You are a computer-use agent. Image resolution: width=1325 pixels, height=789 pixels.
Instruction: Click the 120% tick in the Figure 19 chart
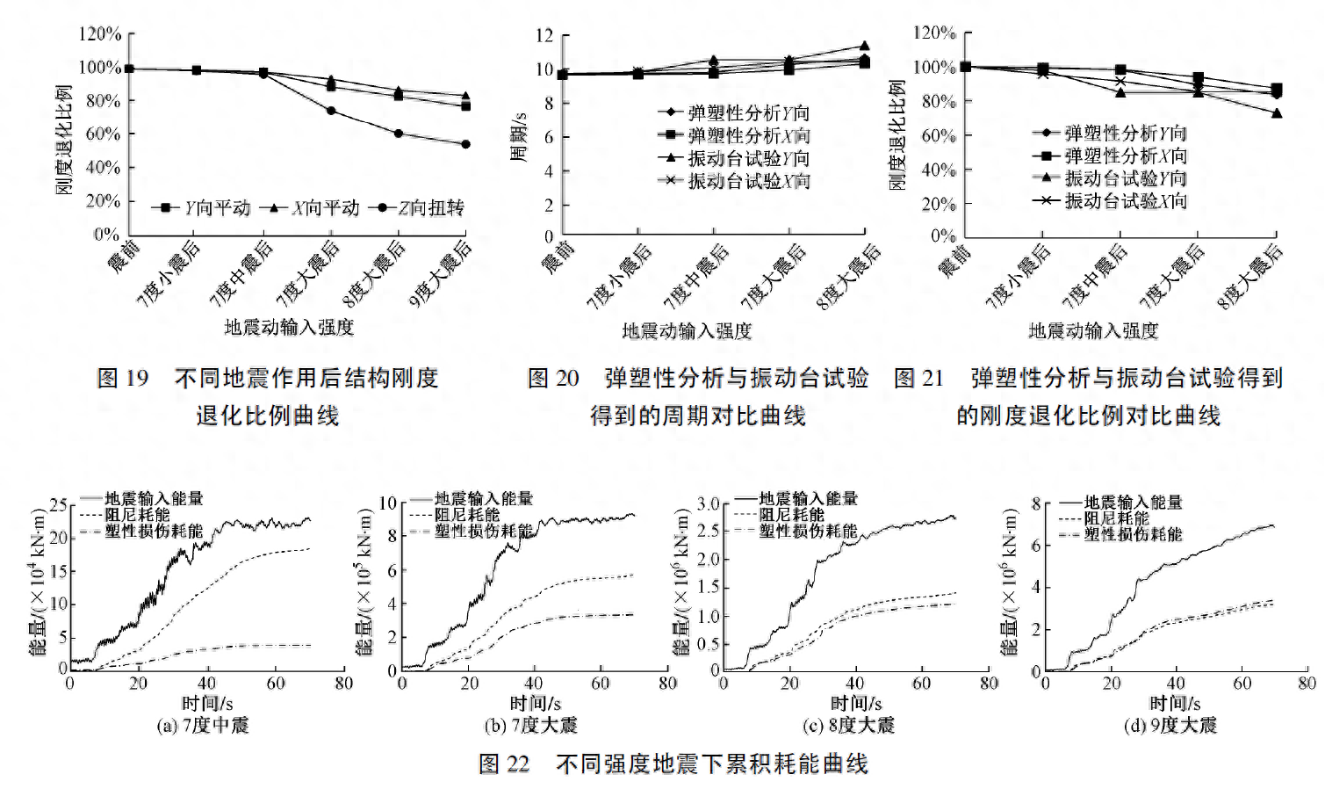(99, 33)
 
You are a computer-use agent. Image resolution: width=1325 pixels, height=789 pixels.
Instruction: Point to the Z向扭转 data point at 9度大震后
(465, 144)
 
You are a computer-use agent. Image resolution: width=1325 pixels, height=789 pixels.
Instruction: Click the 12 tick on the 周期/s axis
(544, 35)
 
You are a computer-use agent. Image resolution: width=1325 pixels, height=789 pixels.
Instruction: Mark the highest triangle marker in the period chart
(864, 46)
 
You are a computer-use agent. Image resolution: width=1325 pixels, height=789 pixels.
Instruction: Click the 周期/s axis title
(518, 137)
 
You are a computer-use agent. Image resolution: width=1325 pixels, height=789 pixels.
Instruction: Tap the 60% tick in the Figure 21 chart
(938, 135)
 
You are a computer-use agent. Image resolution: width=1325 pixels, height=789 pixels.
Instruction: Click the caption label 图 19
(122, 378)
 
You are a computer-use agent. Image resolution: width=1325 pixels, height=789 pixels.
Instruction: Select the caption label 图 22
(504, 764)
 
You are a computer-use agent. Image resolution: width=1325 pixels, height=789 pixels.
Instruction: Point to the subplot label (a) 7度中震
(203, 726)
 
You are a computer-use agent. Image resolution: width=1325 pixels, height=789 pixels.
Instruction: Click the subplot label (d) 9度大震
(1170, 726)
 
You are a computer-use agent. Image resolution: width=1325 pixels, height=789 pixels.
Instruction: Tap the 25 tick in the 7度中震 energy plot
(58, 504)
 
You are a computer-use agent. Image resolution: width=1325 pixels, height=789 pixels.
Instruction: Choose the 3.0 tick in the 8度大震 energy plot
(708, 504)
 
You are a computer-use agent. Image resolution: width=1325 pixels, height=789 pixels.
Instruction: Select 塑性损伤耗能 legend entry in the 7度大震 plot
(483, 532)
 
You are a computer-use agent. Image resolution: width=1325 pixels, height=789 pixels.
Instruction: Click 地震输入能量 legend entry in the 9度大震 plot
(1133, 503)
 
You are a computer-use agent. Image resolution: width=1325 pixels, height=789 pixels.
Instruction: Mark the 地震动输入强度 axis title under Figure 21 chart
(1093, 330)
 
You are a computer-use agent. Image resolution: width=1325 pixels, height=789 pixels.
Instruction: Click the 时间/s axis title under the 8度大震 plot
(856, 704)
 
